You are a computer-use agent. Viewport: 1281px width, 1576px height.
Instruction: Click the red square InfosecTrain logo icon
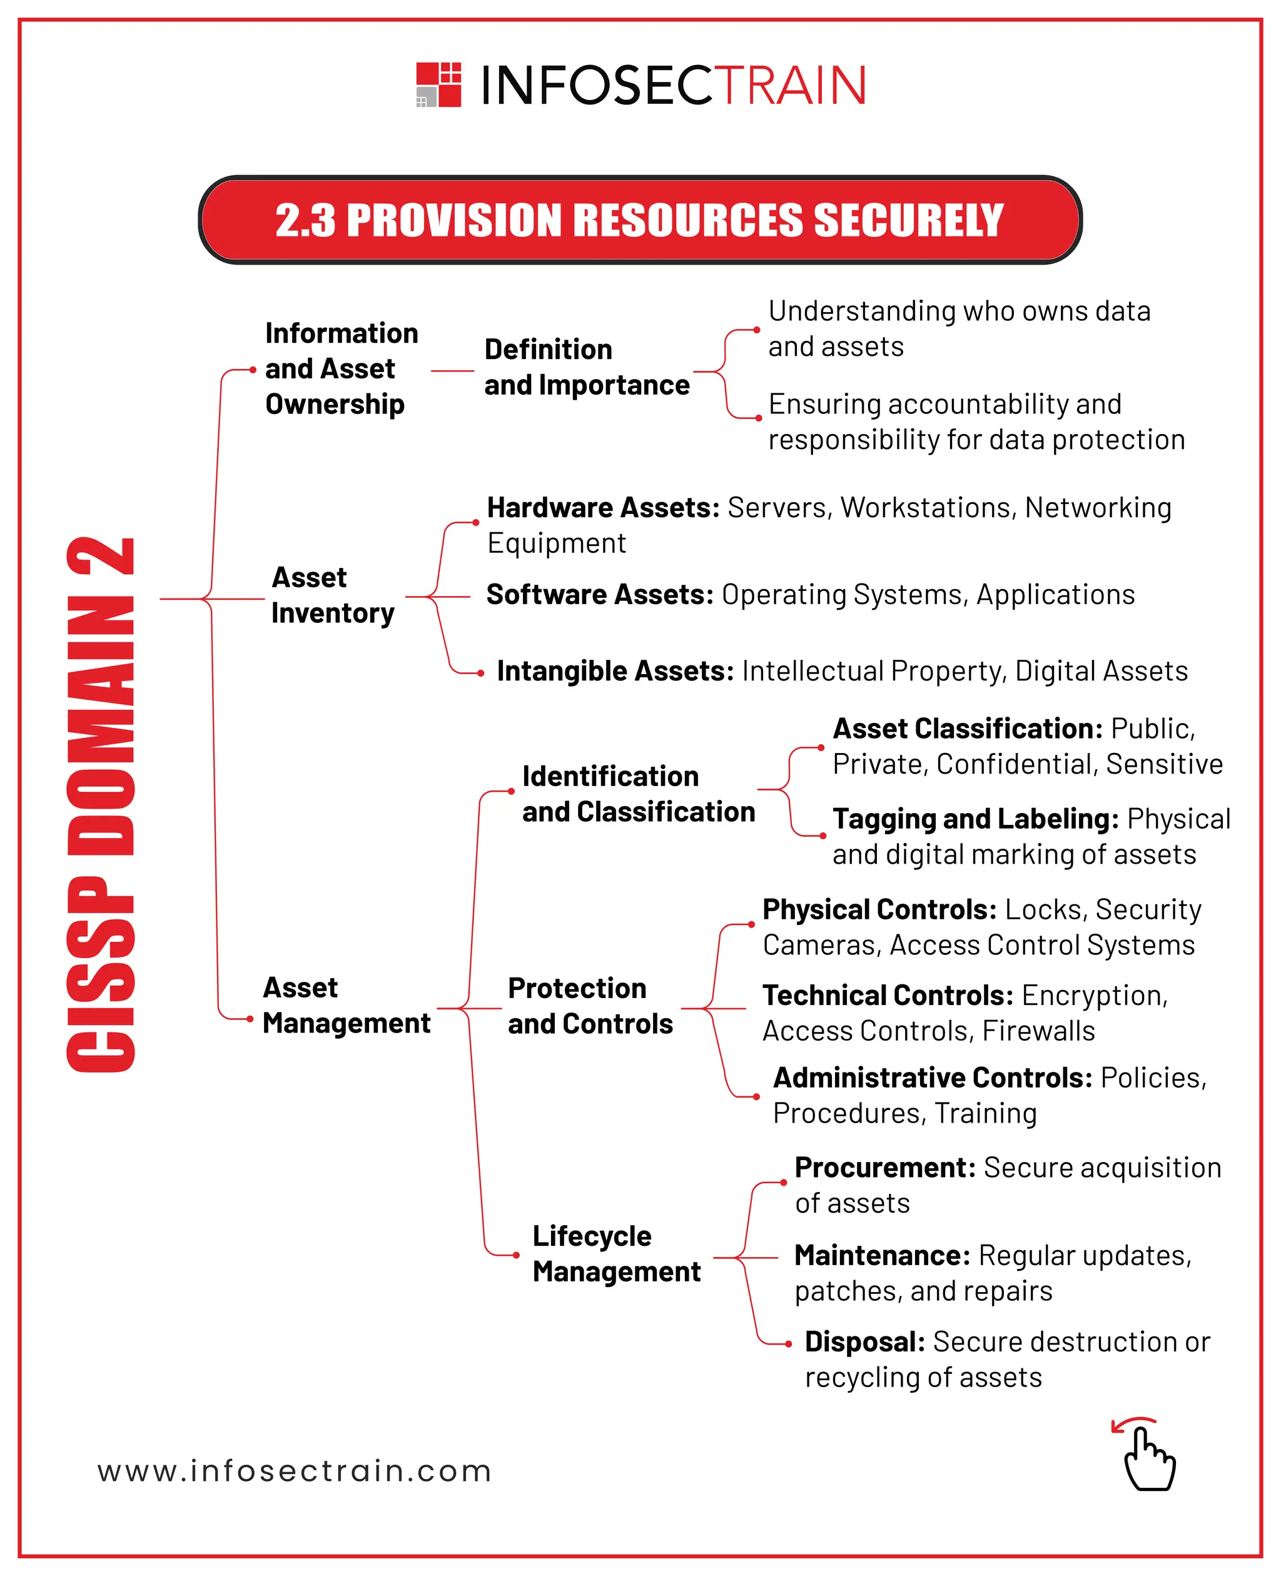[x=438, y=85]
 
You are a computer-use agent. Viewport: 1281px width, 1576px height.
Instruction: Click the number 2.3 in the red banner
[x=305, y=221]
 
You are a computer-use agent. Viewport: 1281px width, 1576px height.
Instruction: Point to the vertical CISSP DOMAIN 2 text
[x=101, y=804]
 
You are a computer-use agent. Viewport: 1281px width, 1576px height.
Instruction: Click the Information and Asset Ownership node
[x=341, y=368]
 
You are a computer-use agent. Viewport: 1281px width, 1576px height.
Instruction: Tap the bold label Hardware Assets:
[x=603, y=508]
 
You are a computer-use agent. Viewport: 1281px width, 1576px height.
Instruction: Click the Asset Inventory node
[x=332, y=595]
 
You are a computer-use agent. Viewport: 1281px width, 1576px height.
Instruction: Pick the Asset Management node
[x=345, y=1005]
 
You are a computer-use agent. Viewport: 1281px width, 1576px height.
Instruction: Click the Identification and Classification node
[x=637, y=794]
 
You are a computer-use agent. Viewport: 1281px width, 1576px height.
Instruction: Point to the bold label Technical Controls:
[x=887, y=996]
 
